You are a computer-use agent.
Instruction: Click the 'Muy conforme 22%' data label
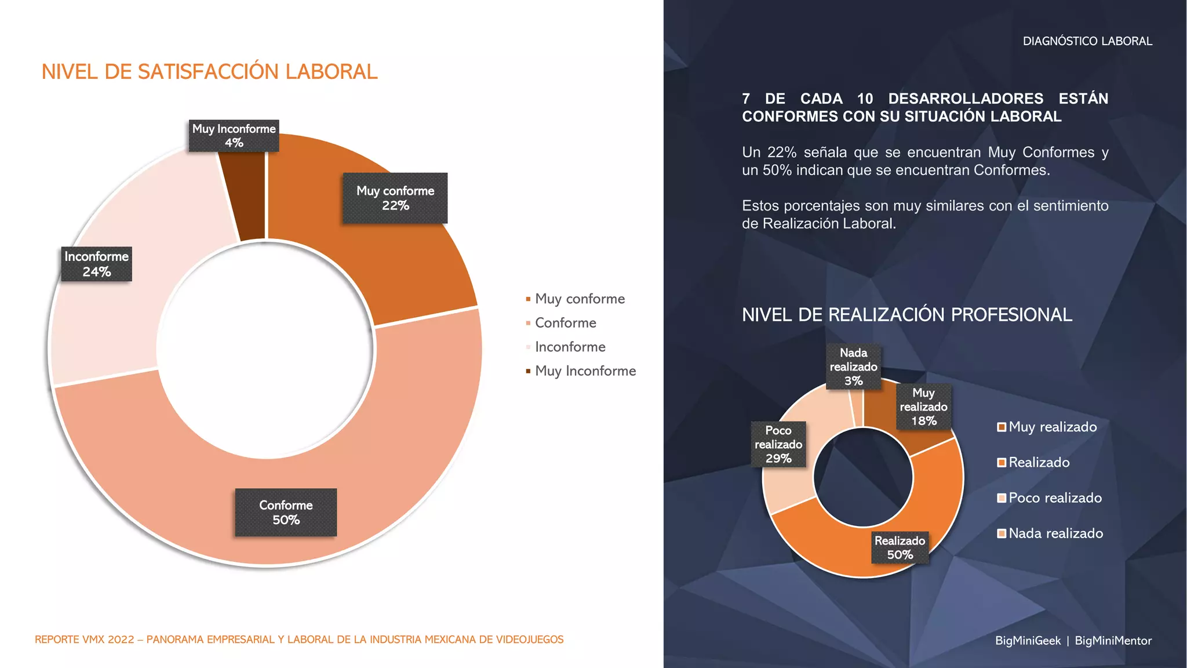coord(395,198)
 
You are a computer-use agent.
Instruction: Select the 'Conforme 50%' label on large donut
coord(286,512)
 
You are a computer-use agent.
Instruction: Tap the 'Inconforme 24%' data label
coord(96,264)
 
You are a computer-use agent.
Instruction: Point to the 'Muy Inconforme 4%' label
coord(234,136)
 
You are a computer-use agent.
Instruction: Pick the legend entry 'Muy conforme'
coord(580,299)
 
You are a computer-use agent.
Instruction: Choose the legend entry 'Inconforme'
coord(570,347)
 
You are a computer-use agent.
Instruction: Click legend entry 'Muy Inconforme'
coord(585,371)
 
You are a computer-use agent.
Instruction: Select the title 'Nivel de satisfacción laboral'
coord(209,72)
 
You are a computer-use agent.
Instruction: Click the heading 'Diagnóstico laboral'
coord(1087,41)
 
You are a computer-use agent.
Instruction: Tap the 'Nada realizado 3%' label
coord(853,366)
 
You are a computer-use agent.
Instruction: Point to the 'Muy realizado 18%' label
coord(923,406)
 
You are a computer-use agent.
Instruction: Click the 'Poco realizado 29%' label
coord(778,444)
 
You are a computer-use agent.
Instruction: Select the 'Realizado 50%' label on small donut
coord(900,547)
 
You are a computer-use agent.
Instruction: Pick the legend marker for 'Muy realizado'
coord(1001,427)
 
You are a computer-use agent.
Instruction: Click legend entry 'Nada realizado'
coord(1055,533)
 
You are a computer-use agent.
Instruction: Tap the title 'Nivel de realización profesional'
coord(906,315)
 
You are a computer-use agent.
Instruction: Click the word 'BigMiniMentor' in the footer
coord(1113,641)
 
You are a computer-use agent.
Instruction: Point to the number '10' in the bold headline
coord(865,99)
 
